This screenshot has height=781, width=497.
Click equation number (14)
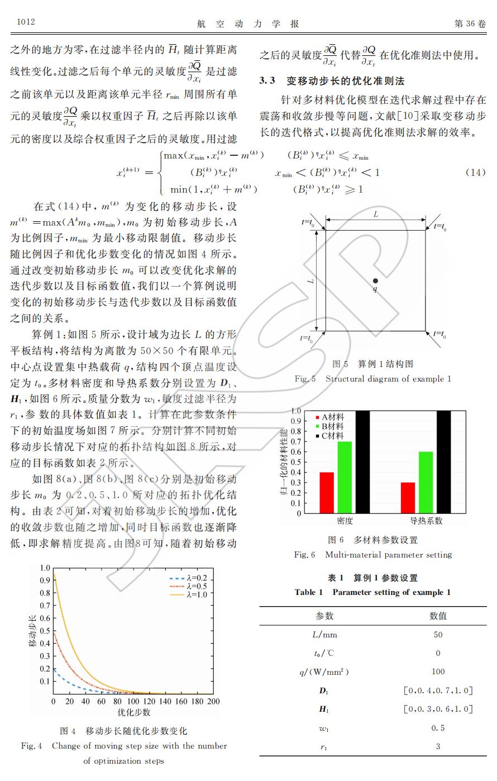[475, 172]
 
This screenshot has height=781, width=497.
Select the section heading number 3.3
[267, 80]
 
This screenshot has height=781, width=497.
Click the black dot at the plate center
[375, 280]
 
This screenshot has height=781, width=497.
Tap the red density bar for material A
[326, 492]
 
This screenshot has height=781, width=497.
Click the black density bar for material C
[362, 461]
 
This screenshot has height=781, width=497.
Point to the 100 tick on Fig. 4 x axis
[133, 701]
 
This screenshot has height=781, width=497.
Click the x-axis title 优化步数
[134, 712]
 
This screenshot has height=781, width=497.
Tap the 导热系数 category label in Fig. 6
[426, 521]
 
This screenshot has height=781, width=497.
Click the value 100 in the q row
[438, 672]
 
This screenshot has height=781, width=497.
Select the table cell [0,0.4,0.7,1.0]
[438, 690]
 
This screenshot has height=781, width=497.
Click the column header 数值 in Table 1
[438, 616]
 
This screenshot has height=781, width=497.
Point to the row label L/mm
[324, 635]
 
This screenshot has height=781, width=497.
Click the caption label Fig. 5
[305, 379]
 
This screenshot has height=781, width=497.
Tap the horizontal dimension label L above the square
[376, 214]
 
